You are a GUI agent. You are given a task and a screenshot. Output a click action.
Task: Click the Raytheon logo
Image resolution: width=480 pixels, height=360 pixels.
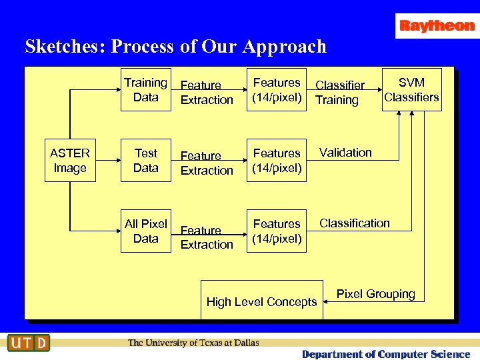pos(437,26)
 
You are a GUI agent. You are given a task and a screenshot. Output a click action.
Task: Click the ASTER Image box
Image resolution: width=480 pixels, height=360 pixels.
pos(70,161)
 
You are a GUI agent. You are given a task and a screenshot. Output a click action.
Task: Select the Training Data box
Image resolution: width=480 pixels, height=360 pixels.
pos(145,90)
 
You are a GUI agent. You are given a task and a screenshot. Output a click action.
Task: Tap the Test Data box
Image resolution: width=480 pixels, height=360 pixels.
pos(145,161)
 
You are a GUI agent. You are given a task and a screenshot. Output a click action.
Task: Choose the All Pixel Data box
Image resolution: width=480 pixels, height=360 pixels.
pos(145,231)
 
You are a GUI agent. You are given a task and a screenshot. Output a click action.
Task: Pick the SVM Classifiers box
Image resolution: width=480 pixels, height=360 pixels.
pos(411,90)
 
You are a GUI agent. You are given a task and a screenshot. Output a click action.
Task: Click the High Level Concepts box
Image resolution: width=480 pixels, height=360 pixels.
pos(261,302)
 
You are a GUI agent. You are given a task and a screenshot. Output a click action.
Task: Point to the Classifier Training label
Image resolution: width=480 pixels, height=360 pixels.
pos(339,93)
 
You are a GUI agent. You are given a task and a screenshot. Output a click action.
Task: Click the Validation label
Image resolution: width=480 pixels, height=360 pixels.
pos(345,153)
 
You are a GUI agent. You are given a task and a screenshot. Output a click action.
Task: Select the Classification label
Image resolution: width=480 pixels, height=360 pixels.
pos(354,223)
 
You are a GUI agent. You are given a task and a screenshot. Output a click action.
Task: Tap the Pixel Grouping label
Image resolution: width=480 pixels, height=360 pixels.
pos(375,294)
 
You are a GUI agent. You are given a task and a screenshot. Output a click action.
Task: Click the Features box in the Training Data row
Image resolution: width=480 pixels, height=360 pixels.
pos(277,90)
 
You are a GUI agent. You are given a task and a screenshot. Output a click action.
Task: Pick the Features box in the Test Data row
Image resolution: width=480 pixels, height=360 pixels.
pos(277,161)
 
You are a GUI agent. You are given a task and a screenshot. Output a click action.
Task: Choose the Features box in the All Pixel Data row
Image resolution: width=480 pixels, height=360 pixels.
pos(277,231)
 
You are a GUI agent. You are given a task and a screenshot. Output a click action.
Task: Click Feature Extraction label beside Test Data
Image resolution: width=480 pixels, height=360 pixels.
pos(207,163)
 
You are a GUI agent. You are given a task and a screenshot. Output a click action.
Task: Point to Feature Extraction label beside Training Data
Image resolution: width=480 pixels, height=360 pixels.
pos(207,93)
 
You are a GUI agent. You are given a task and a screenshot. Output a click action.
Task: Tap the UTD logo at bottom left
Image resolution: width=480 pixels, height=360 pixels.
pos(29,343)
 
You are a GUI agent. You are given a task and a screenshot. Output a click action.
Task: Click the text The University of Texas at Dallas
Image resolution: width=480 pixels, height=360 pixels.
pos(193,343)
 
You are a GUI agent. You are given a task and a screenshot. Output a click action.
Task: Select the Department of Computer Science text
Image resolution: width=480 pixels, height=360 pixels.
pos(385,354)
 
